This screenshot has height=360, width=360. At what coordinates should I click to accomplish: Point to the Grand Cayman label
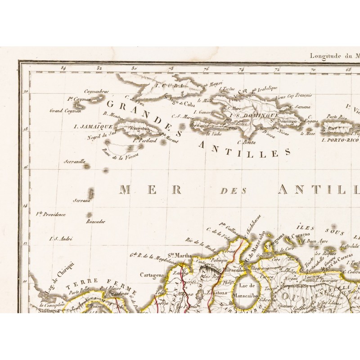(65, 110)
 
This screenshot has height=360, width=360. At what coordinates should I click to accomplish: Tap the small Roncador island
(89, 215)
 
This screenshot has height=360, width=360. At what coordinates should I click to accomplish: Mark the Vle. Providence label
(51, 214)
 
